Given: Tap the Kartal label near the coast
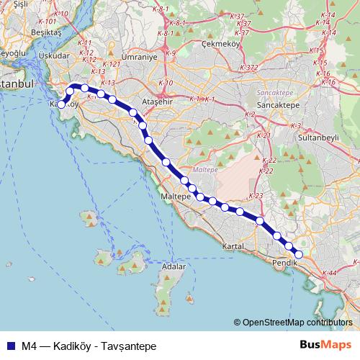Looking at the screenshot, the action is click(235, 246).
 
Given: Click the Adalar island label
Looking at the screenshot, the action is click(174, 266).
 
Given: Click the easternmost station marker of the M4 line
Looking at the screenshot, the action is click(300, 253).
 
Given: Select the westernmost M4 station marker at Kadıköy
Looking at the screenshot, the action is click(61, 104).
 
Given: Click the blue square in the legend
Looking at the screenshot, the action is click(9, 346).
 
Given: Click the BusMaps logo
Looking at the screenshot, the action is click(327, 345).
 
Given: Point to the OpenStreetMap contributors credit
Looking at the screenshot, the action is click(297, 323).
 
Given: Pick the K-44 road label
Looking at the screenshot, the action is click(331, 274).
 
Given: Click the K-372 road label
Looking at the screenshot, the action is click(250, 68).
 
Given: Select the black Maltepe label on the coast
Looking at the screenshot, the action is click(175, 196).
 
